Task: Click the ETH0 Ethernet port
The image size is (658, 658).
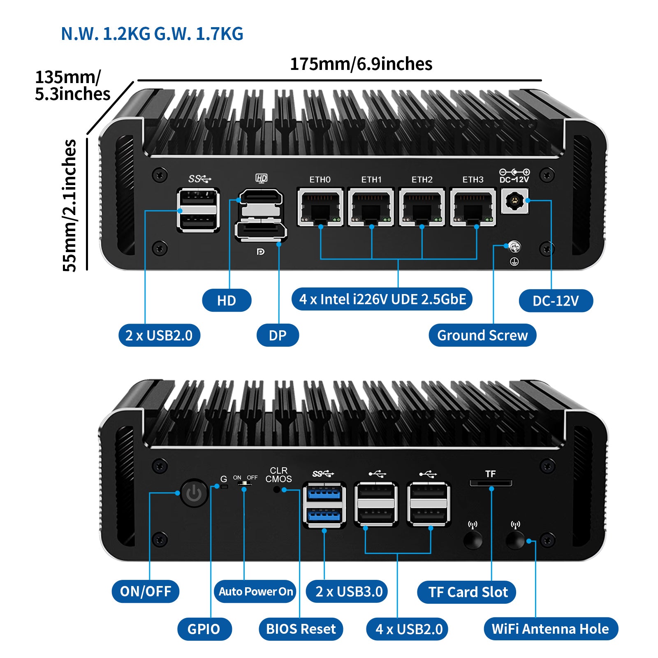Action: coord(320,207)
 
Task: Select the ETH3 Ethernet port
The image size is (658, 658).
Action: coord(473,207)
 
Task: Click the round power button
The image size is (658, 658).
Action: coord(194,493)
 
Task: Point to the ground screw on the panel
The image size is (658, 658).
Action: coord(514,247)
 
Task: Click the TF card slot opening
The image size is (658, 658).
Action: coord(491,483)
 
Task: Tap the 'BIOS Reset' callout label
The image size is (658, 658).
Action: coord(301,629)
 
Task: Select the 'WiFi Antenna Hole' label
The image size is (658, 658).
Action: coord(551,629)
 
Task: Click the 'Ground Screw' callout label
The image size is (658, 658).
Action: coord(482,335)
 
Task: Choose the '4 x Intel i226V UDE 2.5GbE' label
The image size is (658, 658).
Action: coord(382,299)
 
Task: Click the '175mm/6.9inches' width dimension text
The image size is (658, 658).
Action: coord(361,64)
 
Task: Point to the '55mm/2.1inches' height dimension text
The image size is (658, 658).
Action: coord(70,205)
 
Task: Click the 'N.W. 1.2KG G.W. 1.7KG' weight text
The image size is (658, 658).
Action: coord(152,34)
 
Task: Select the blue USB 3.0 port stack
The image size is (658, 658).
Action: coord(324,505)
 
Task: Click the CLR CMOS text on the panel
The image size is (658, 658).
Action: coord(278,475)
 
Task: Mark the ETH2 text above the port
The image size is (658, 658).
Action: coord(422,180)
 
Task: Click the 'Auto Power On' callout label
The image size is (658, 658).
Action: coord(255,591)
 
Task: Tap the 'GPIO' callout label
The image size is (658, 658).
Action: coord(204,629)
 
